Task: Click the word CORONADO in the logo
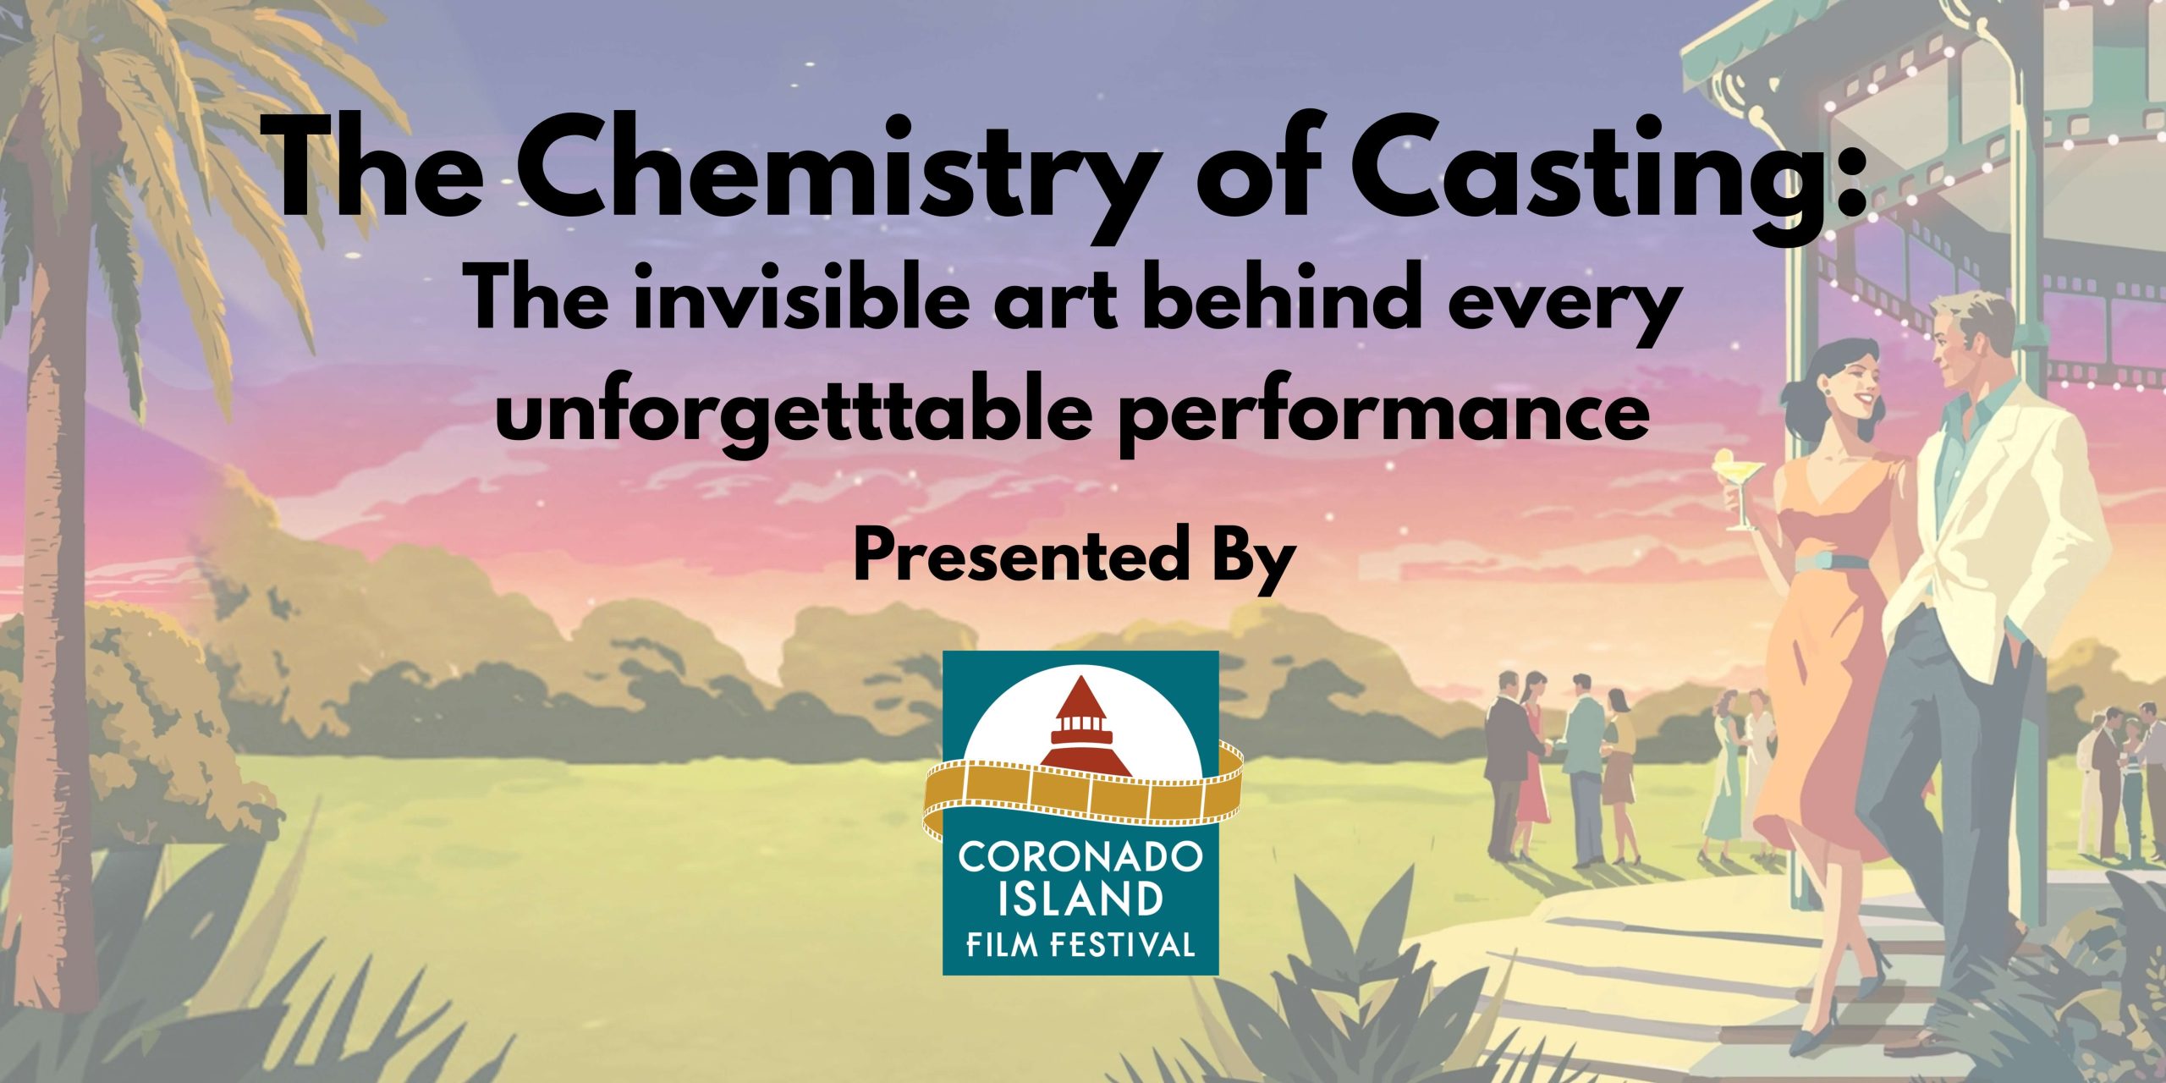pyautogui.click(x=1080, y=856)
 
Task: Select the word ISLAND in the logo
pyautogui.click(x=1080, y=899)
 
